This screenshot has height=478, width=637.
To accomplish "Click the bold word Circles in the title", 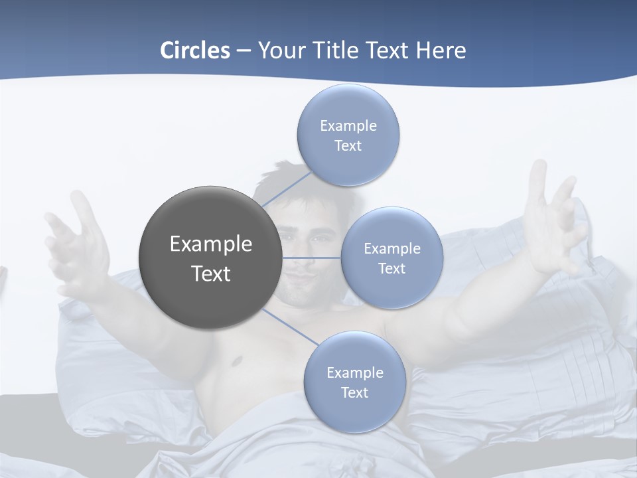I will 194,50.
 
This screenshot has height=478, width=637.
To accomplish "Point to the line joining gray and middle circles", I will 311,258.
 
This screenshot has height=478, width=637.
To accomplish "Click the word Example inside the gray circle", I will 210,244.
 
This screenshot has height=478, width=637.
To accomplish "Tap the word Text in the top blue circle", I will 348,146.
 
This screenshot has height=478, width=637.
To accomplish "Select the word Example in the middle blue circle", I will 391,249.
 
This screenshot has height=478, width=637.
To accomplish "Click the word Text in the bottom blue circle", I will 354,393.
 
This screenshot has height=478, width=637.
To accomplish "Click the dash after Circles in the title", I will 244,50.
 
